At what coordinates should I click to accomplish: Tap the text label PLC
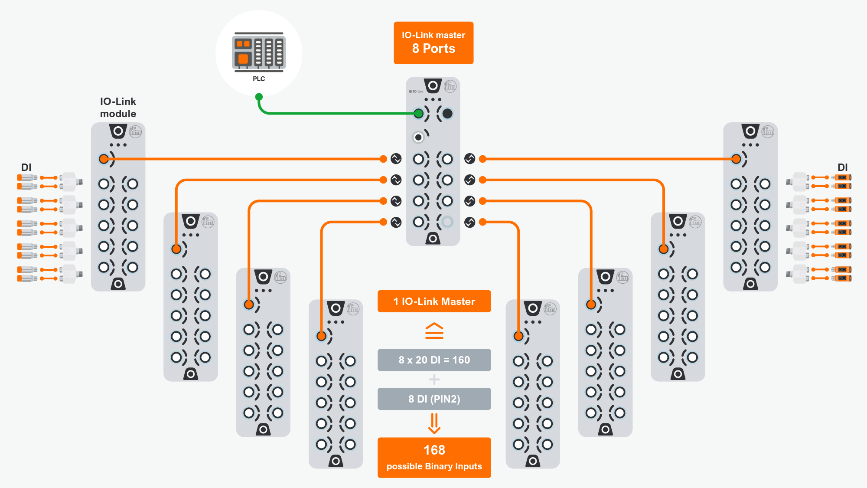click(x=259, y=79)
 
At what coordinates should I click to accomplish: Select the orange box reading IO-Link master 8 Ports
click(x=433, y=43)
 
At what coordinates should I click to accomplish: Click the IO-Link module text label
click(x=118, y=108)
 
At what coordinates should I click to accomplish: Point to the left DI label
click(x=26, y=167)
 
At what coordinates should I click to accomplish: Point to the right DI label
click(x=842, y=167)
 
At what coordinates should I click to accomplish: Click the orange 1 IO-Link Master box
click(x=434, y=301)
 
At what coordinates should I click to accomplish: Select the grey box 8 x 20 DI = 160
click(x=434, y=360)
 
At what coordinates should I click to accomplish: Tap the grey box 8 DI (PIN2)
click(x=434, y=399)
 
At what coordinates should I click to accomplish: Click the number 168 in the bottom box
click(x=434, y=450)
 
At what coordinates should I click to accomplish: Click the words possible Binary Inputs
click(x=434, y=466)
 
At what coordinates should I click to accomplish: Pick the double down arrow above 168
click(x=434, y=423)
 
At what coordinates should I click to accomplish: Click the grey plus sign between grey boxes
click(x=434, y=380)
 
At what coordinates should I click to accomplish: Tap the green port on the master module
click(x=418, y=114)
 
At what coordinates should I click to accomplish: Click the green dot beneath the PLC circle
click(x=259, y=97)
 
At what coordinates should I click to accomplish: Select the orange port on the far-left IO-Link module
click(x=104, y=159)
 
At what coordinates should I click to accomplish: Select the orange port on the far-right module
click(x=736, y=159)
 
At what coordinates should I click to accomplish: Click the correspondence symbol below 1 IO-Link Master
click(x=434, y=331)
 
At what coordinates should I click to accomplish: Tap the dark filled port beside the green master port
click(x=447, y=114)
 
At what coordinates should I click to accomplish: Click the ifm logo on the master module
click(x=450, y=86)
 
